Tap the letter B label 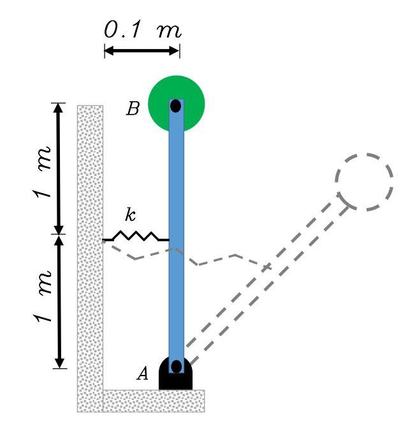(x=133, y=109)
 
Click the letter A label (x=143, y=374)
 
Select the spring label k (x=130, y=215)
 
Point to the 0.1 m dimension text (x=142, y=31)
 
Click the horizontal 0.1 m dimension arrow (x=142, y=50)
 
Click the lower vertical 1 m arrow (x=59, y=302)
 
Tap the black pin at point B (x=176, y=106)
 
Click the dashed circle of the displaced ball (x=364, y=181)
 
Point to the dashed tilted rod (x=268, y=280)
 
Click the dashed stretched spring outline (x=217, y=260)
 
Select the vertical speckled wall (x=90, y=255)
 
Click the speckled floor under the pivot (x=153, y=400)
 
